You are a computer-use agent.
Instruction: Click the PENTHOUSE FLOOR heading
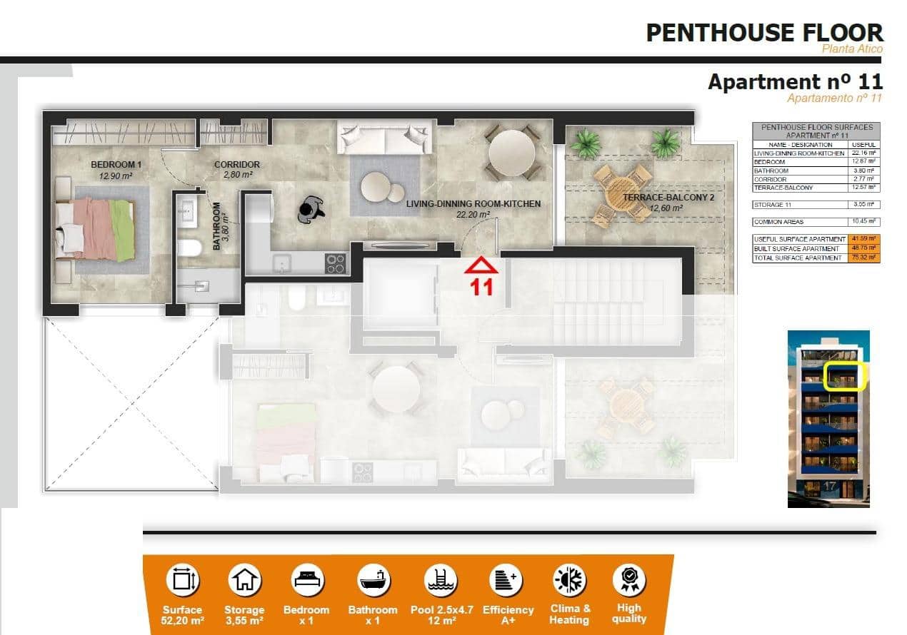(x=764, y=32)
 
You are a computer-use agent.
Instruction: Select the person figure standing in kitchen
(x=311, y=208)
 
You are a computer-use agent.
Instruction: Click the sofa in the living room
(x=383, y=137)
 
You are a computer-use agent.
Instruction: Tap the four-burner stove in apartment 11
(x=336, y=264)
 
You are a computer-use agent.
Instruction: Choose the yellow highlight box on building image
(x=845, y=377)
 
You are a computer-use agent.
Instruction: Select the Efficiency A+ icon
(x=508, y=580)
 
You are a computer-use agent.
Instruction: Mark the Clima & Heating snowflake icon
(x=570, y=580)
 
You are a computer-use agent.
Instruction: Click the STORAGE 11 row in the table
(x=816, y=203)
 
